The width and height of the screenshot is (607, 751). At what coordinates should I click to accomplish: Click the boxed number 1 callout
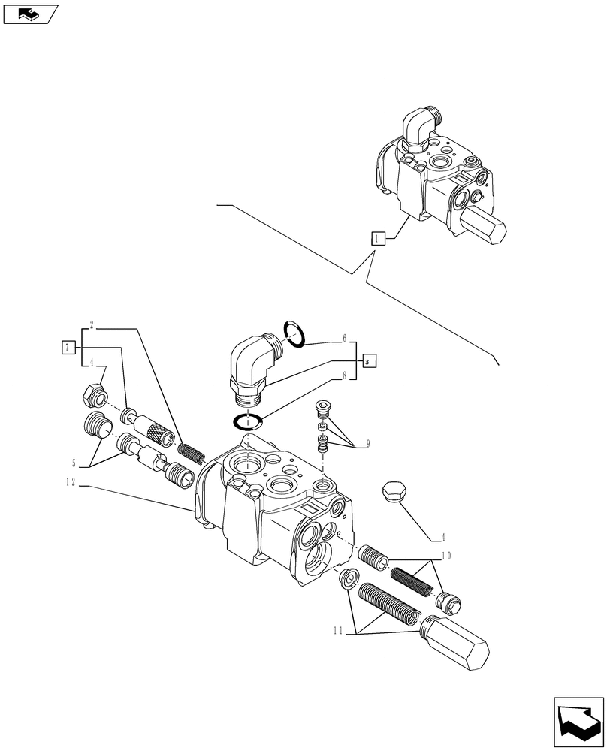pos(378,239)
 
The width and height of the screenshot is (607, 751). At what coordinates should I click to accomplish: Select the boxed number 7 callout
pos(69,347)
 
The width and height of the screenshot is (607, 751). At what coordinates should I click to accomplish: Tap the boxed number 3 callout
pos(368,362)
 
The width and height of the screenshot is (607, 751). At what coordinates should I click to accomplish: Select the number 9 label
pos(368,443)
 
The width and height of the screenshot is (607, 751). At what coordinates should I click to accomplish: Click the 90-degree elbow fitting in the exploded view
pos(254,363)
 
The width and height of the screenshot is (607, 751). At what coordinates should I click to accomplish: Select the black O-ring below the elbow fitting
pos(249,421)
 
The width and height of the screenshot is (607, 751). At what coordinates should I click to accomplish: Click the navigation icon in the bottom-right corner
pos(578,722)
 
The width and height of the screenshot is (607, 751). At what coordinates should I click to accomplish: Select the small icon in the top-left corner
pos(29,13)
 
